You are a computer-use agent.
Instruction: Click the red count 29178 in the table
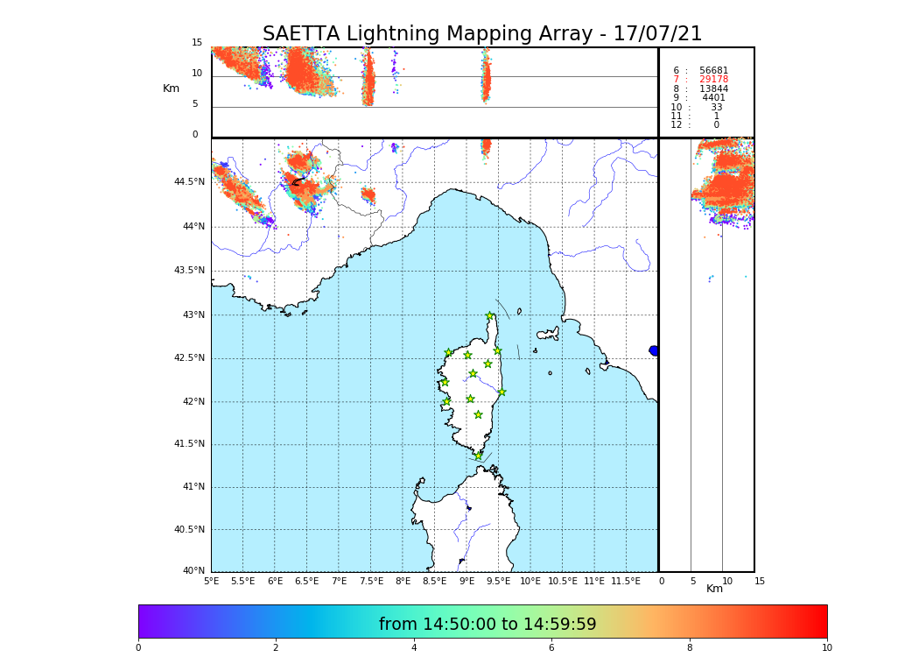pos(713,80)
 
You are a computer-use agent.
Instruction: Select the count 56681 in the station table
pos(713,71)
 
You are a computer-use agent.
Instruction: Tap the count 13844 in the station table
pos(713,89)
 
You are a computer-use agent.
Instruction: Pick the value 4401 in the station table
pos(713,98)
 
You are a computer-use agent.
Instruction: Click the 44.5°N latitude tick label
pos(189,182)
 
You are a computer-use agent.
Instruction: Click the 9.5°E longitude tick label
pos(498,581)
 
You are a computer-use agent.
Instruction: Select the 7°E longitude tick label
pos(339,581)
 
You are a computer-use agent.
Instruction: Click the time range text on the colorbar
pos(488,625)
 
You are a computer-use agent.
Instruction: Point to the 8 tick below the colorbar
pos(690,648)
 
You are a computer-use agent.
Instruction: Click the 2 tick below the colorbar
pos(276,648)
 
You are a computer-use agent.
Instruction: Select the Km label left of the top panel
pos(171,88)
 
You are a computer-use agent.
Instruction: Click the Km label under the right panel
pos(714,589)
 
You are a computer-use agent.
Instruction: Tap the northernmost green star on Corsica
pos(490,316)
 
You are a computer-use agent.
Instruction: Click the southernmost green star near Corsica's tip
pos(478,456)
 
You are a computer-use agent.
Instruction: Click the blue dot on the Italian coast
pos(654,350)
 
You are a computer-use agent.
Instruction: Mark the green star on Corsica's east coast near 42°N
pos(502,392)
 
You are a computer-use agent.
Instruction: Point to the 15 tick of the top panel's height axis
pos(197,43)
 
